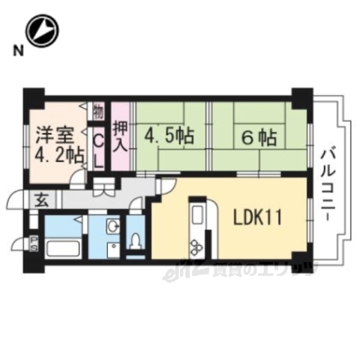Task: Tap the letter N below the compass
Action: pos(16,51)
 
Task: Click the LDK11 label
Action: pos(256,219)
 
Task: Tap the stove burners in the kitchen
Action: pos(197,246)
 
